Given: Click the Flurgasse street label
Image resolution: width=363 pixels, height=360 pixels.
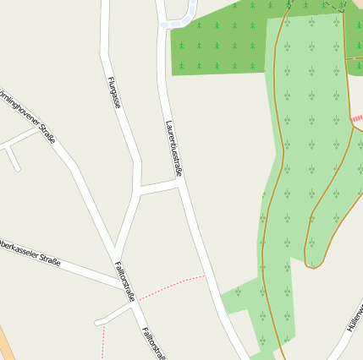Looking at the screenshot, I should tap(114, 92).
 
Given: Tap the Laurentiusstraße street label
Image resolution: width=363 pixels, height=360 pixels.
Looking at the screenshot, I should tap(173, 149).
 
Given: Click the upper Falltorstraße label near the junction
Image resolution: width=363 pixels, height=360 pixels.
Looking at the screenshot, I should tap(124, 281).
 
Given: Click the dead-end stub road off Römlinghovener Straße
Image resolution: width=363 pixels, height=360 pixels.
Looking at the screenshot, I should tap(13, 159).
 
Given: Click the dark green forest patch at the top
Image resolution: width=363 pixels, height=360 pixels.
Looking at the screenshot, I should tap(220, 42).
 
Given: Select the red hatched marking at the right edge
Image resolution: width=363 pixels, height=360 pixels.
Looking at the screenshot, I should tap(356, 119).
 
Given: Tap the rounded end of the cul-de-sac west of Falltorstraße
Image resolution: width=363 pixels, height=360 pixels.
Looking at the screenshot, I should tap(99, 321).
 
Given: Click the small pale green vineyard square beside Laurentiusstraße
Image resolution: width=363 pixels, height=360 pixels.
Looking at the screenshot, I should tap(239, 295).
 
